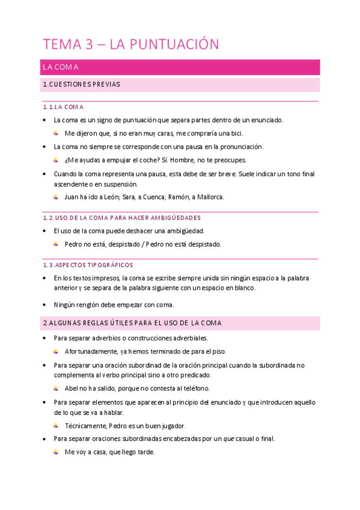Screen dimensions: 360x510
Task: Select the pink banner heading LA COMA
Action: click(61, 67)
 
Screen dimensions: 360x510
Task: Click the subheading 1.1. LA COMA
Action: click(63, 107)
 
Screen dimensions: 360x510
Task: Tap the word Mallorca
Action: click(207, 197)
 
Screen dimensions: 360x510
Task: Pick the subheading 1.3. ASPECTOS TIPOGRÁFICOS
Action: click(88, 265)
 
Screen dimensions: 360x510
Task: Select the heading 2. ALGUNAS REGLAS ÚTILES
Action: click(132, 324)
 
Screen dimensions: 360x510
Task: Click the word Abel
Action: click(71, 389)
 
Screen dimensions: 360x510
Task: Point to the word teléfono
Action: click(195, 389)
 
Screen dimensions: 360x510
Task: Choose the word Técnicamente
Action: click(85, 425)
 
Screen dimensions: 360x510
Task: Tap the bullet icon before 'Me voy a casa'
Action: click(56, 452)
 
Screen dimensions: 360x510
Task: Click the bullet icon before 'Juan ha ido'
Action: click(56, 197)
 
